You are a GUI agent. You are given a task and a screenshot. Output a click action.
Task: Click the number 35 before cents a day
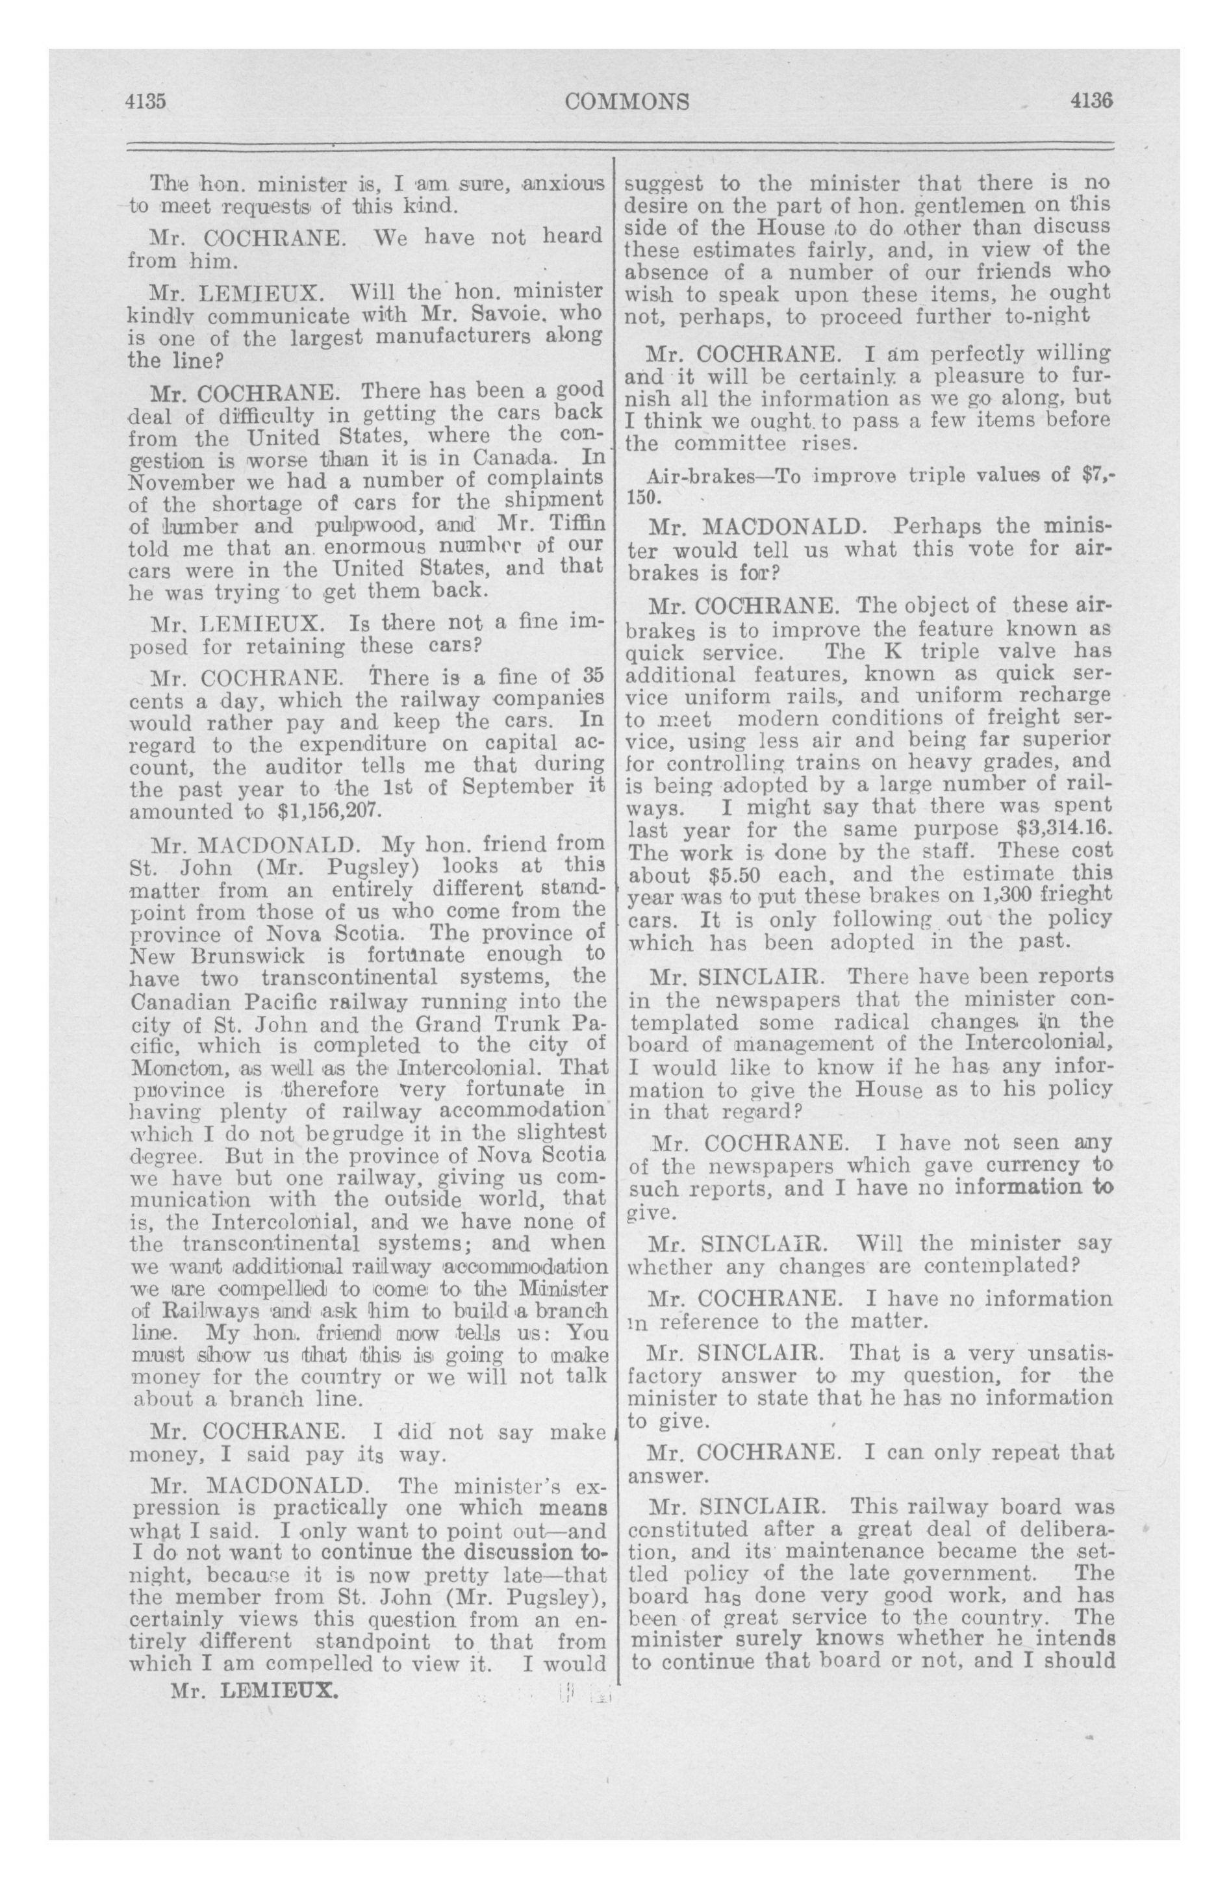click(x=593, y=676)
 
